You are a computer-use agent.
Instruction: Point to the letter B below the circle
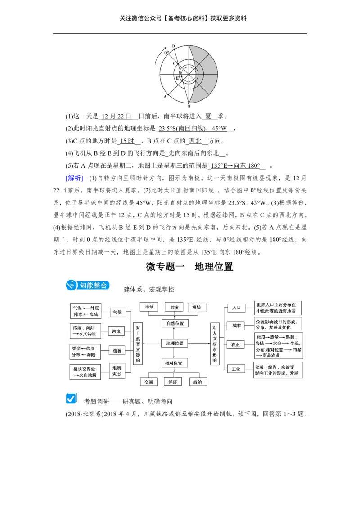click(x=189, y=106)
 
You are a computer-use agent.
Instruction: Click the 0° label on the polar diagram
click(x=166, y=53)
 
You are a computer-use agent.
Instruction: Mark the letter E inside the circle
click(x=177, y=78)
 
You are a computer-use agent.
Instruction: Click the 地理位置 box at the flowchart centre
click(x=175, y=343)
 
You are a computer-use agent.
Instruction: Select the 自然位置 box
click(x=175, y=323)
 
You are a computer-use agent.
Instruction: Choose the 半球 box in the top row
click(x=149, y=307)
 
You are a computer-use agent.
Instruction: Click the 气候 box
click(x=117, y=312)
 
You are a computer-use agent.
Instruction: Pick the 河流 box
click(x=116, y=331)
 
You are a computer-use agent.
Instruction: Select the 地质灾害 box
click(x=117, y=371)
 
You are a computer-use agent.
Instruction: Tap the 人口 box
click(x=236, y=308)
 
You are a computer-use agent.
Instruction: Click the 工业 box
click(x=236, y=369)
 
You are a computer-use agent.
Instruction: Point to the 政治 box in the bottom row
click(x=198, y=382)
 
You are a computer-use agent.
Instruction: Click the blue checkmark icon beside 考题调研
click(x=72, y=398)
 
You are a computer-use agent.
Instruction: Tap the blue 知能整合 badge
click(x=88, y=286)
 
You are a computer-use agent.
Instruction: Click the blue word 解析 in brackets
click(x=74, y=178)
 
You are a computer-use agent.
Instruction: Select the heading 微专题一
click(x=165, y=267)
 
